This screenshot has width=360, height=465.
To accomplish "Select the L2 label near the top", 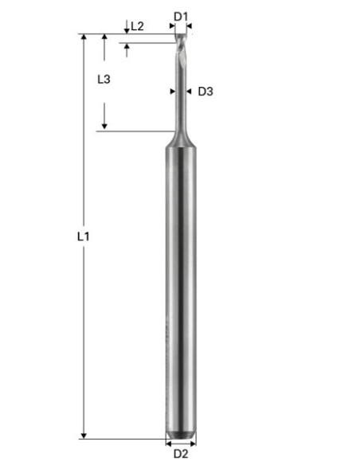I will (x=137, y=26).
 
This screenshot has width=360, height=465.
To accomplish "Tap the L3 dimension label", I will (x=104, y=79).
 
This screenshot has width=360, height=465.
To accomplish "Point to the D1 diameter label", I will (x=181, y=16).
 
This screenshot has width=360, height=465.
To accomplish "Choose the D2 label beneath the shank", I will (x=181, y=454).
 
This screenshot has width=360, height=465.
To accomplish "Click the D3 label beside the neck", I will (x=205, y=91).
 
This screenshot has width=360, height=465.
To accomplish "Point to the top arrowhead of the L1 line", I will (x=83, y=37).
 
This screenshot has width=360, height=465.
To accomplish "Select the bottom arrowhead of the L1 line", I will (x=83, y=435).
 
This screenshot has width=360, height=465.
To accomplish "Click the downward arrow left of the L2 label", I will (x=127, y=30).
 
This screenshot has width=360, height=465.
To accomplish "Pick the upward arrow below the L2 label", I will (x=127, y=48).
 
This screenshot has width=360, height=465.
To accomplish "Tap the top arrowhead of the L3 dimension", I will (x=104, y=37).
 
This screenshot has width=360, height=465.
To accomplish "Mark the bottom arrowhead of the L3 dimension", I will (x=104, y=127).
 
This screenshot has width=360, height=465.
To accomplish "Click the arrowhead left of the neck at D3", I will (x=173, y=91).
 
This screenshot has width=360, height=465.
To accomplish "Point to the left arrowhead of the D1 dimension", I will (x=174, y=26).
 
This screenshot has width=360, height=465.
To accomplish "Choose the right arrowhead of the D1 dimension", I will (x=190, y=26).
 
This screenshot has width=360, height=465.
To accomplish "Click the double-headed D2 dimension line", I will (x=181, y=442).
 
